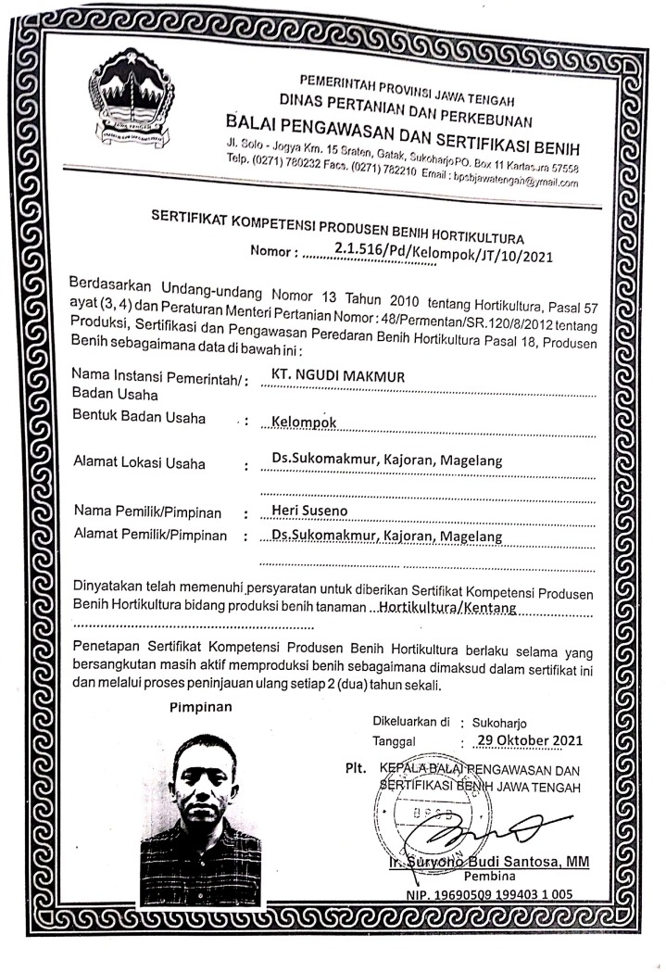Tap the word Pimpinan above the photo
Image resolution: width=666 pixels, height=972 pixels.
(x=203, y=707)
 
